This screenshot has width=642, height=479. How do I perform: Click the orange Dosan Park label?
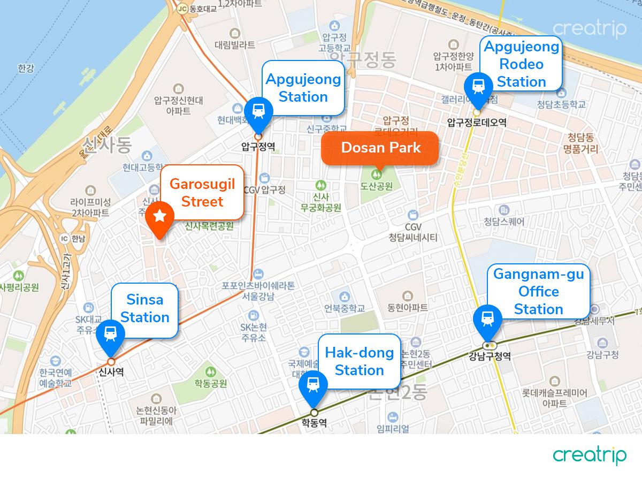(x=380, y=148)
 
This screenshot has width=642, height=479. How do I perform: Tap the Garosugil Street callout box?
(x=202, y=193)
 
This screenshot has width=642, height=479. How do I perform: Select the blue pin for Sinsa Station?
(x=111, y=333)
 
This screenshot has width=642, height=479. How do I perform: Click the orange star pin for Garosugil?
(x=159, y=217)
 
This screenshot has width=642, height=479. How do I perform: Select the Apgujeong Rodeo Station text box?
(x=521, y=64)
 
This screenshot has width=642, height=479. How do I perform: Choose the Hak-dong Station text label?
(x=359, y=361)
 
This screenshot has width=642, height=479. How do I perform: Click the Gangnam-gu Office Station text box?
(x=538, y=292)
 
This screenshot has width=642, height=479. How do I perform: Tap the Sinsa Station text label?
(x=144, y=309)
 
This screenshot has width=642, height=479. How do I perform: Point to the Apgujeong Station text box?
(x=303, y=88)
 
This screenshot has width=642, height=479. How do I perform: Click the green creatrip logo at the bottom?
(x=590, y=455)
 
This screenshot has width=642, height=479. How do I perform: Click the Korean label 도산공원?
(x=377, y=187)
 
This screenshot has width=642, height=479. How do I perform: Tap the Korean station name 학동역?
(x=314, y=423)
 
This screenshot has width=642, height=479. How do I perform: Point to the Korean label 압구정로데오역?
(x=476, y=123)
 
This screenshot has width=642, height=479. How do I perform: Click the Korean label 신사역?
(x=111, y=372)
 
